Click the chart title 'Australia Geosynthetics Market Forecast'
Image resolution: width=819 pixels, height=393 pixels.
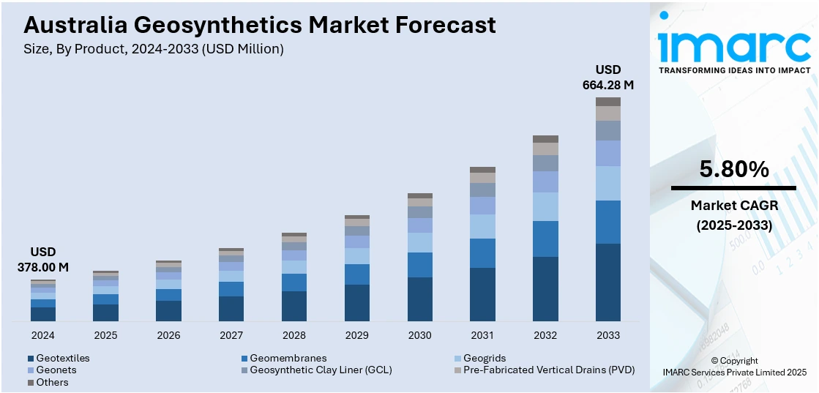pyautogui.click(x=260, y=25)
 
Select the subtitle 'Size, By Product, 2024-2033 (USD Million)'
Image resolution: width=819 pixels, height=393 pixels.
pyautogui.click(x=154, y=49)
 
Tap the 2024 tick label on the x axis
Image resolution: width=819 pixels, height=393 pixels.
pyautogui.click(x=43, y=335)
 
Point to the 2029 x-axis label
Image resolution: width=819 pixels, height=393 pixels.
pyautogui.click(x=357, y=335)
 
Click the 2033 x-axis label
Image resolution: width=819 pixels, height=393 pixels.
pyautogui.click(x=608, y=335)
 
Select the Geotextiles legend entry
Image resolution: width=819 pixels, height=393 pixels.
pyautogui.click(x=59, y=359)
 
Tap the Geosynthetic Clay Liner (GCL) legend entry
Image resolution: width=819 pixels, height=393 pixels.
pyautogui.click(x=316, y=370)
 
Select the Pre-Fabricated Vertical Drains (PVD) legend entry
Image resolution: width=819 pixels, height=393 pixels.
pyautogui.click(x=544, y=370)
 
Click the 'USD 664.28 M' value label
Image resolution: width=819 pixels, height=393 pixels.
pyautogui.click(x=608, y=77)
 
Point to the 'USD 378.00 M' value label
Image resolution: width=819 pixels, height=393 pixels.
pyautogui.click(x=43, y=260)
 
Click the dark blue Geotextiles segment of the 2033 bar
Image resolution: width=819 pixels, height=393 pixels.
pyautogui.click(x=608, y=282)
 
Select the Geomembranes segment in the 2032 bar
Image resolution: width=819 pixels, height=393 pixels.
pyautogui.click(x=545, y=239)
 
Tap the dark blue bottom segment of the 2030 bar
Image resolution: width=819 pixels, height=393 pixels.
pyautogui.click(x=419, y=299)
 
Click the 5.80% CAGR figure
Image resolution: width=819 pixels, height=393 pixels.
pyautogui.click(x=734, y=170)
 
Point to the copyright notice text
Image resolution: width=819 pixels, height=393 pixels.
pyautogui.click(x=734, y=366)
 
